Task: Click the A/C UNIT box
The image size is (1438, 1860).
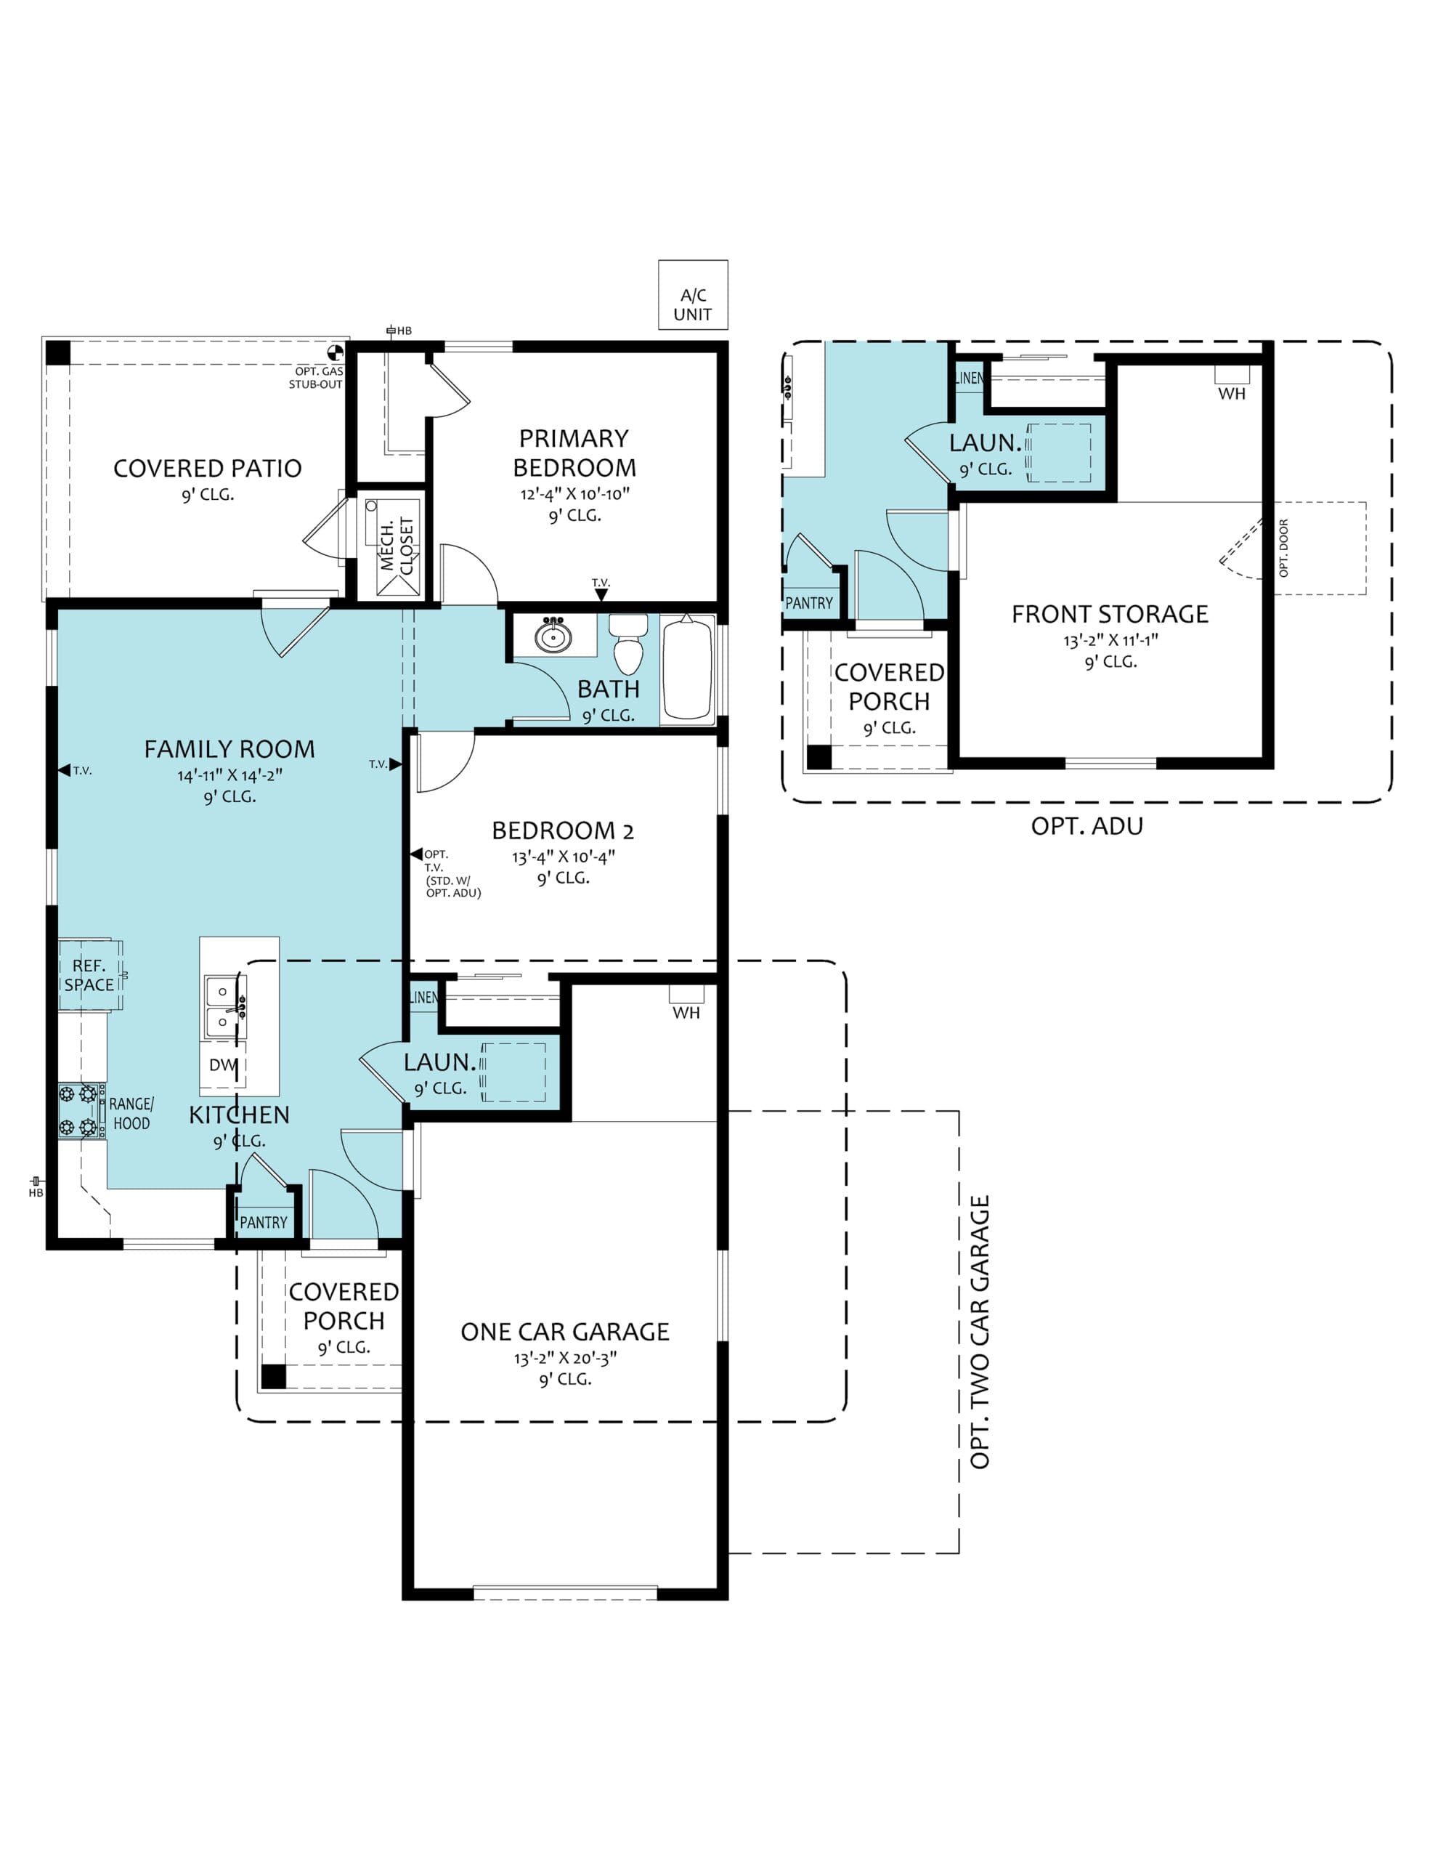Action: click(x=693, y=295)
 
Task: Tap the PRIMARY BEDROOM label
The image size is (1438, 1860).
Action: click(x=574, y=453)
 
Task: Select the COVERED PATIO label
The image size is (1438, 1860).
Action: click(x=208, y=469)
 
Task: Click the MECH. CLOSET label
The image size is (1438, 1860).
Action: click(x=397, y=546)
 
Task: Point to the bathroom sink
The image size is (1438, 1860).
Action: click(x=553, y=635)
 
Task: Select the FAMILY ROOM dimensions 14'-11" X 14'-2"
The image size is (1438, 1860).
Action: click(x=230, y=776)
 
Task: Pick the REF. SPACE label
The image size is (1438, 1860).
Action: click(x=89, y=975)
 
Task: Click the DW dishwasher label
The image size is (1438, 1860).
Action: click(x=223, y=1064)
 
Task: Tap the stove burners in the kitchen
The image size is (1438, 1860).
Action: click(x=78, y=1110)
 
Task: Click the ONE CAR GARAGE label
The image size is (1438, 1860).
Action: click(x=565, y=1332)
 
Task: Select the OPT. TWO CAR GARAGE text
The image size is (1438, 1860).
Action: click(x=980, y=1332)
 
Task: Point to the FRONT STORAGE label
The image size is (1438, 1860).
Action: click(x=1110, y=614)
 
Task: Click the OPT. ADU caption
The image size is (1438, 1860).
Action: click(x=1087, y=826)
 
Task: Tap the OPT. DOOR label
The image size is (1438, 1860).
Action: click(x=1284, y=549)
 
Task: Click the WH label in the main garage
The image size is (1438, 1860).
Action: click(x=686, y=1013)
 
